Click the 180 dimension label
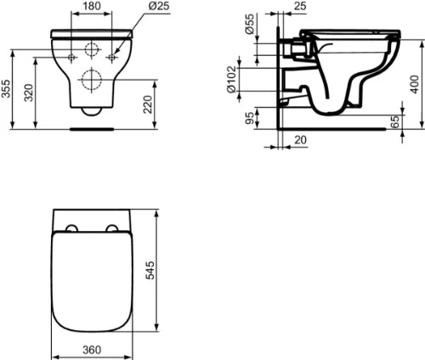point(92,6)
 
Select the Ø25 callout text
point(159,6)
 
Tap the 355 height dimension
point(6,88)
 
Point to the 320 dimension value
point(28,93)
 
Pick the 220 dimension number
point(147,104)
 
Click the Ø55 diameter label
point(250,24)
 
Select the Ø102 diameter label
point(231,79)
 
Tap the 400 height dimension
point(415,84)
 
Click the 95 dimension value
point(250,118)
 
